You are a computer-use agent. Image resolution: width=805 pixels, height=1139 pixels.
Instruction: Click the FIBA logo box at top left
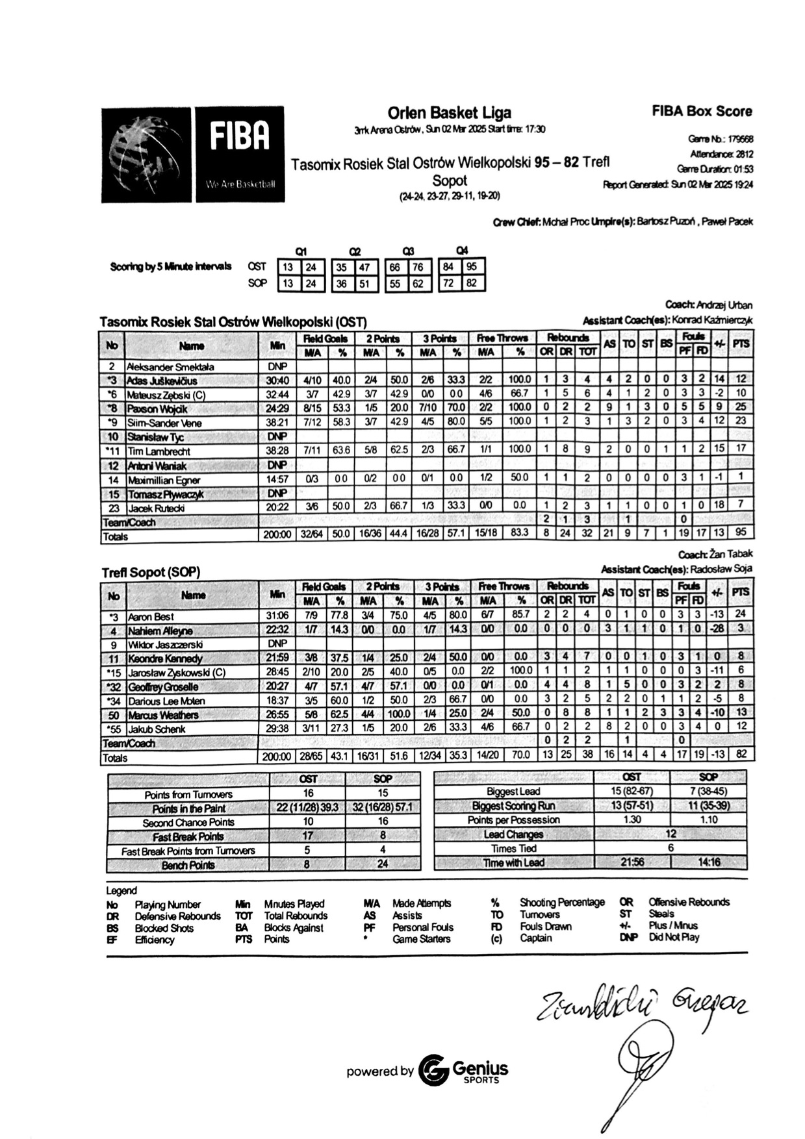click(238, 155)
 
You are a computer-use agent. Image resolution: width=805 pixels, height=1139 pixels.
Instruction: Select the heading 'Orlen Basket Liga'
click(449, 113)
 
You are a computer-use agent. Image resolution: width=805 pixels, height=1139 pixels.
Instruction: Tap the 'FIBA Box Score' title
click(702, 111)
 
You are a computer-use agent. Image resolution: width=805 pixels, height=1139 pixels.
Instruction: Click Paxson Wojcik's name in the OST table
click(158, 409)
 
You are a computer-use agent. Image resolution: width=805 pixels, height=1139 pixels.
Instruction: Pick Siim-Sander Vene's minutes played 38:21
click(277, 423)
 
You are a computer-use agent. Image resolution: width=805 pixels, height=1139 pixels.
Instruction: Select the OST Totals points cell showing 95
click(741, 532)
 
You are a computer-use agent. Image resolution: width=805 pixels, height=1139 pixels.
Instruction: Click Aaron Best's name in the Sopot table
click(151, 617)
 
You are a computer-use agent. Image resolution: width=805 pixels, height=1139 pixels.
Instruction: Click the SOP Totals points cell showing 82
click(741, 755)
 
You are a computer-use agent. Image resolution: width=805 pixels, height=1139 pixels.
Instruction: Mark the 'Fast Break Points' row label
click(188, 837)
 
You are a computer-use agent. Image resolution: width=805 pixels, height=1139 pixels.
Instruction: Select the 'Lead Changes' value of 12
click(671, 834)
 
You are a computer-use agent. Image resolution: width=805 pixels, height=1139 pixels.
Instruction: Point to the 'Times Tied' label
click(513, 848)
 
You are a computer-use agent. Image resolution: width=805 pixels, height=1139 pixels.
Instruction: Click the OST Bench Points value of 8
click(307, 864)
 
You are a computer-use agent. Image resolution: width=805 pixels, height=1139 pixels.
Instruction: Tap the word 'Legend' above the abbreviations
click(121, 891)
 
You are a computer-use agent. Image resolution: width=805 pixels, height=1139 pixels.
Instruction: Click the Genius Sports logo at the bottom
click(463, 1071)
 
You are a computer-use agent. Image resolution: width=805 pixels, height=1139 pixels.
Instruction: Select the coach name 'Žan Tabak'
click(730, 555)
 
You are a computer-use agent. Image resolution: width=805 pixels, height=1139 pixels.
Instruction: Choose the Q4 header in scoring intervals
click(462, 251)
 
